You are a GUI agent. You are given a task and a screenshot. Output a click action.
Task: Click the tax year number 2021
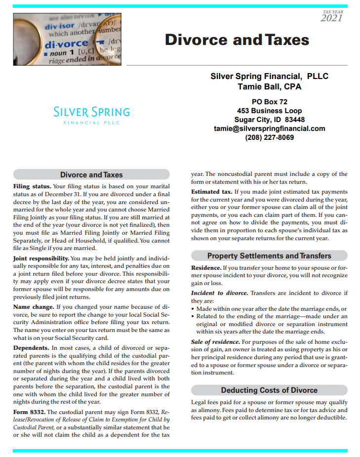(x=331, y=18)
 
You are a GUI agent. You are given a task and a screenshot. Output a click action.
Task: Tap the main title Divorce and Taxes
(x=237, y=40)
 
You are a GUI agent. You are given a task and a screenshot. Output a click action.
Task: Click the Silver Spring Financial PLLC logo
(x=91, y=115)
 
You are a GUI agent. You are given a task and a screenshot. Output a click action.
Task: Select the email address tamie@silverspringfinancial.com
(x=269, y=128)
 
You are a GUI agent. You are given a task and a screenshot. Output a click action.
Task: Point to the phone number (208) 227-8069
(x=269, y=137)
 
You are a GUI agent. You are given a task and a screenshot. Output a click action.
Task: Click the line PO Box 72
(x=269, y=102)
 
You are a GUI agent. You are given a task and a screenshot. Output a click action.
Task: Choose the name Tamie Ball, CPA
(x=269, y=87)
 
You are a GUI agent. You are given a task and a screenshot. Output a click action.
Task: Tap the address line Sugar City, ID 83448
(x=269, y=120)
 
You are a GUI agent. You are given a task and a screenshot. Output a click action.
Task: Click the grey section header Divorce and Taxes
(x=91, y=174)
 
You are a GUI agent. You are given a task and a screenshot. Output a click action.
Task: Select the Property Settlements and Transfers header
(x=269, y=255)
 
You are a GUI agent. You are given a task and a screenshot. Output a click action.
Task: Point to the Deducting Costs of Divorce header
(x=269, y=390)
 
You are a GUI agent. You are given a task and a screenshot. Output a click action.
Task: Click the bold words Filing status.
(x=32, y=187)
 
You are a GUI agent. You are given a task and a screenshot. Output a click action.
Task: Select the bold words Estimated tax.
(x=211, y=191)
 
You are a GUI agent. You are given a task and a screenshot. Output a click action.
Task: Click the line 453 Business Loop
(x=269, y=111)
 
